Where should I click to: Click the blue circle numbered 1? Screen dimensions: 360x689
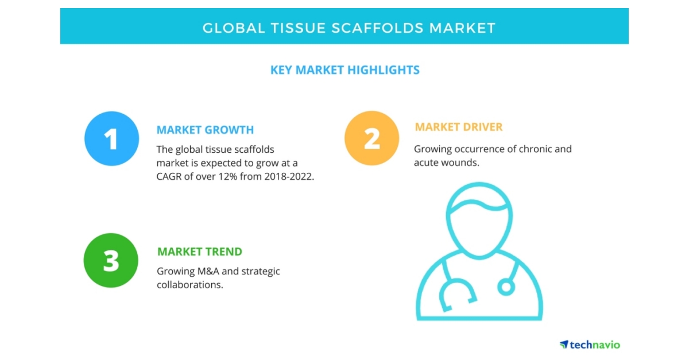coord(111,138)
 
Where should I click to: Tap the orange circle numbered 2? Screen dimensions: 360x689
coord(371,138)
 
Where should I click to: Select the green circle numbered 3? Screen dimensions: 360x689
coord(111,261)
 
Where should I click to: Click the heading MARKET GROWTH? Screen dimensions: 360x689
coord(205,130)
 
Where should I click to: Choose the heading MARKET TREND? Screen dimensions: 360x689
coord(199,251)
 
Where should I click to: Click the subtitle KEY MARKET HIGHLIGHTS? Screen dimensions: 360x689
coord(344,70)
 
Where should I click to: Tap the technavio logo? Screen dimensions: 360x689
coord(590,344)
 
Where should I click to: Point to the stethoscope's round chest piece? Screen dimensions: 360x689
coord(506,285)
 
